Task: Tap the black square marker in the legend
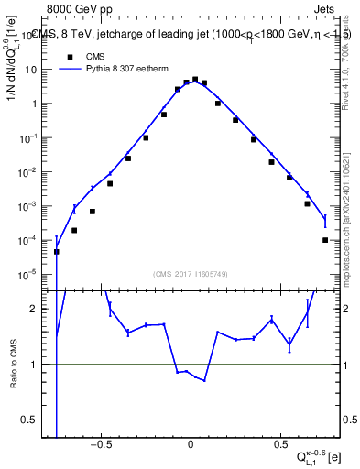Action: tap(71, 56)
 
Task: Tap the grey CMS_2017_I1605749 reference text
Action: tap(190, 273)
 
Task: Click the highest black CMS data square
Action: tap(195, 80)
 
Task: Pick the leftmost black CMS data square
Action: tap(57, 251)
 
